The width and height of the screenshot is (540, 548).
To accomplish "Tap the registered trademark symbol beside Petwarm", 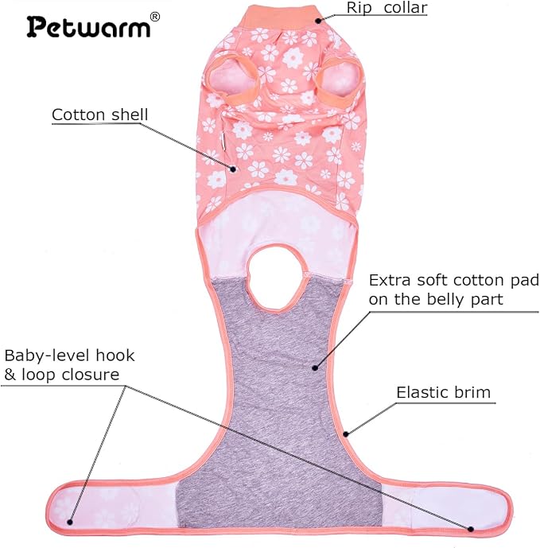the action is pyautogui.click(x=154, y=17).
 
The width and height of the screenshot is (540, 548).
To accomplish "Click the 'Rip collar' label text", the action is pyautogui.click(x=387, y=8).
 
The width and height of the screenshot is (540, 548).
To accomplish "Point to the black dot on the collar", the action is pyautogui.click(x=318, y=21).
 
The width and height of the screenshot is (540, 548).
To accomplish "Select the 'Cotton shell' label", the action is pyautogui.click(x=100, y=115).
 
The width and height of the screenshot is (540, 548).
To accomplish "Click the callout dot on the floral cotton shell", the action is pyautogui.click(x=233, y=169).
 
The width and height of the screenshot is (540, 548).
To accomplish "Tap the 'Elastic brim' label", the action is pyautogui.click(x=444, y=392).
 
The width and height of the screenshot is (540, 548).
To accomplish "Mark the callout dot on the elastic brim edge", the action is pyautogui.click(x=346, y=434).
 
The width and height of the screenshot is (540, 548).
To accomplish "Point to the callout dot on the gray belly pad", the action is pyautogui.click(x=315, y=367).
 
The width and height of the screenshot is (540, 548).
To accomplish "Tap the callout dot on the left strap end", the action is pyautogui.click(x=70, y=522).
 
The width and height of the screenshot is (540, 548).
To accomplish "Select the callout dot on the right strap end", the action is pyautogui.click(x=471, y=529).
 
